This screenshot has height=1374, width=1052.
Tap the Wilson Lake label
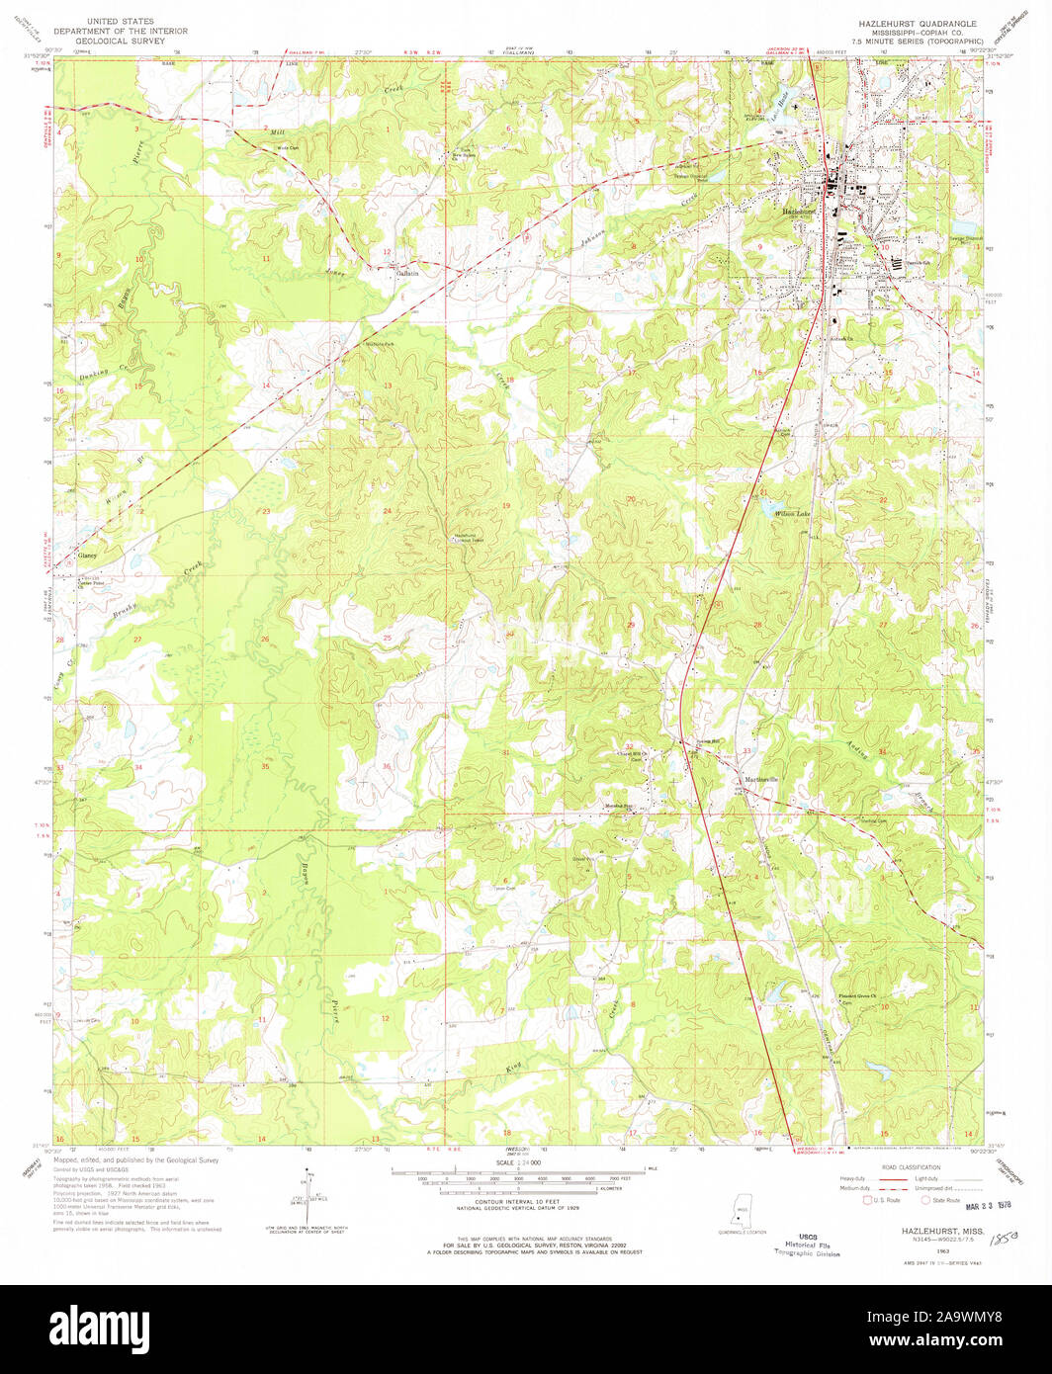pos(793,514)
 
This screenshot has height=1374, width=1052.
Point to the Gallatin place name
pos(408,273)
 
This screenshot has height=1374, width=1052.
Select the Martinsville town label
pos(762,780)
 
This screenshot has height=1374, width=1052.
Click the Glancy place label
pos(87,556)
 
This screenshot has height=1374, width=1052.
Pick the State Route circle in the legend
pos(927,1200)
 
